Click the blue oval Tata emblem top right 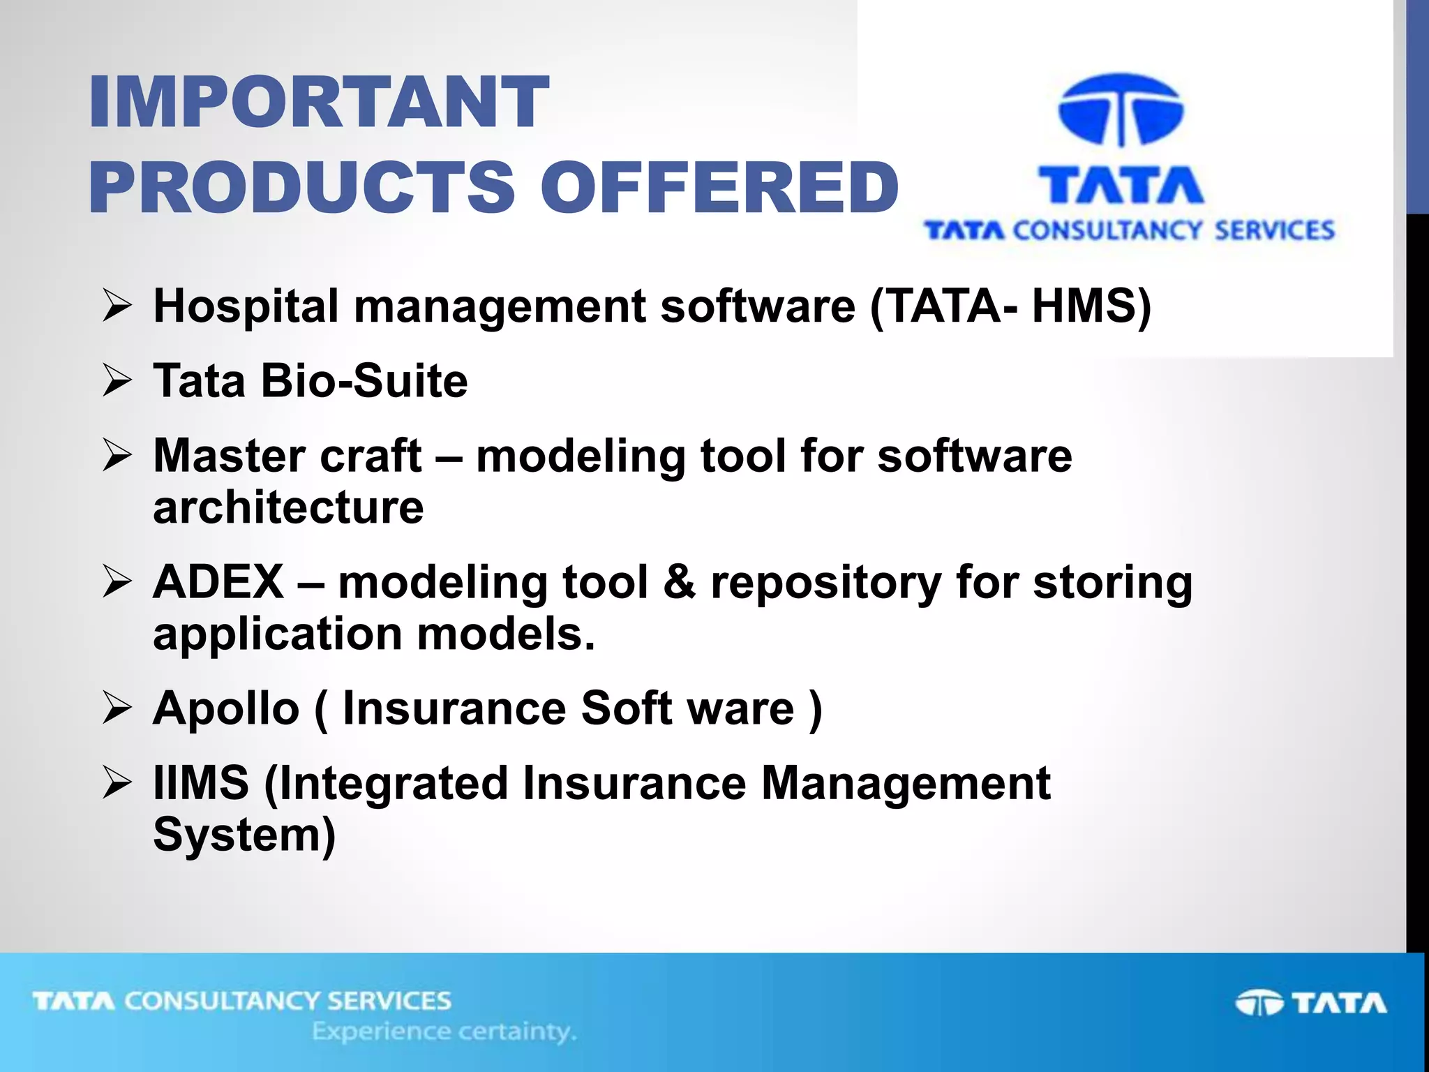coord(1121,110)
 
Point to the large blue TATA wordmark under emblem coord(1121,185)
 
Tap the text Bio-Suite coord(364,381)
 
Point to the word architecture coord(288,507)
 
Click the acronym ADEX coord(218,582)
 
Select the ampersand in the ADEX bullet coord(679,582)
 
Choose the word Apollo coord(226,708)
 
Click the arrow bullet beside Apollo coord(117,708)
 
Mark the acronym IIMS coord(201,783)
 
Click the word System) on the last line coord(244,835)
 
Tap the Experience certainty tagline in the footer coord(444,1031)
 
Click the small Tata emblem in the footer coord(1259,1004)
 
